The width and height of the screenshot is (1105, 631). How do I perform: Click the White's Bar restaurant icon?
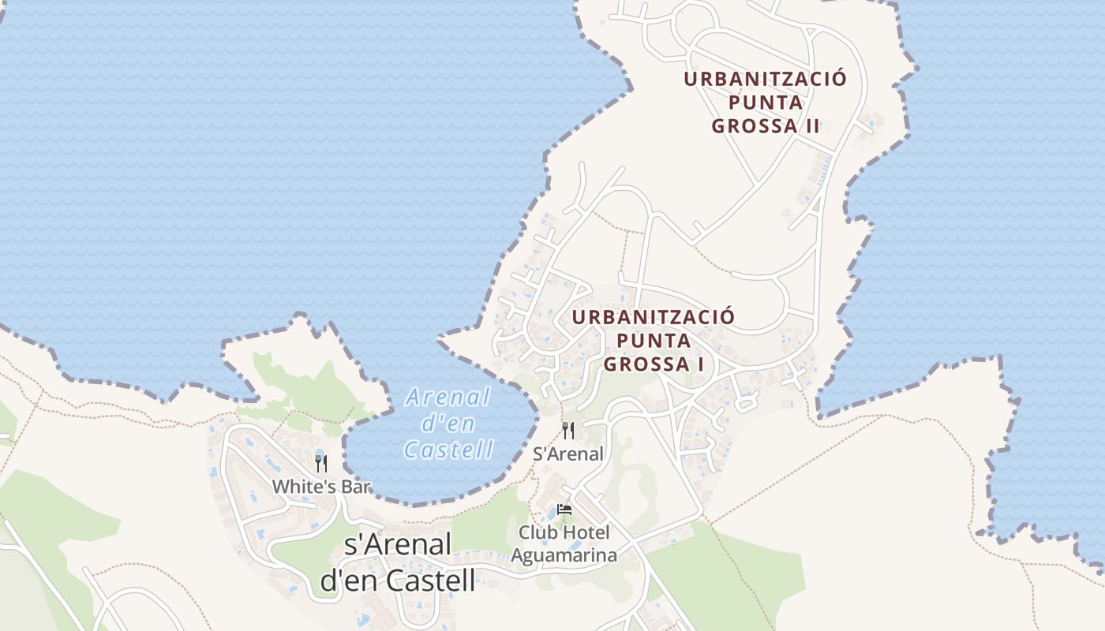click(320, 463)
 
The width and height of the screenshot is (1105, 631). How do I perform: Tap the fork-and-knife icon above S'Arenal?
click(567, 431)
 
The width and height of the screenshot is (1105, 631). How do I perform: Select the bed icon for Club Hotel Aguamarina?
click(564, 509)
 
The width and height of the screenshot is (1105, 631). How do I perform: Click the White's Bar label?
click(321, 487)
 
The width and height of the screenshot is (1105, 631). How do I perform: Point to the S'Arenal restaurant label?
click(568, 454)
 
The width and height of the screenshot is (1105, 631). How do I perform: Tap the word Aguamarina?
click(564, 555)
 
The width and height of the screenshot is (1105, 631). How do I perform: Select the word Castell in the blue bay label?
click(448, 450)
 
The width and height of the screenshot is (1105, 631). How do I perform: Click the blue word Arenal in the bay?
click(448, 397)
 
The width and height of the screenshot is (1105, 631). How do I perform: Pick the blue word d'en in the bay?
click(448, 424)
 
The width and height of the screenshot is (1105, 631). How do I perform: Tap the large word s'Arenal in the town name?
click(399, 544)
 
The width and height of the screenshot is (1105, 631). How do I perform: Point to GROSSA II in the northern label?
click(766, 126)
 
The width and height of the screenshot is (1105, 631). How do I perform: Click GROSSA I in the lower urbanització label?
click(653, 364)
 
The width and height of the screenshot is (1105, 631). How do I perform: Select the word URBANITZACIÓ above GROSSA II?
click(765, 79)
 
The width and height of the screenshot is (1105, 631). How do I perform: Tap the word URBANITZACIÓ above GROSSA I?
click(653, 317)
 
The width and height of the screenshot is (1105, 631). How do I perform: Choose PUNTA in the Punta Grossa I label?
click(653, 341)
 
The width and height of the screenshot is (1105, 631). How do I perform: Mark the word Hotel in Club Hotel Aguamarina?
click(586, 532)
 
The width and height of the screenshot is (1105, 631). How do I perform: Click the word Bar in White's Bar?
click(354, 487)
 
